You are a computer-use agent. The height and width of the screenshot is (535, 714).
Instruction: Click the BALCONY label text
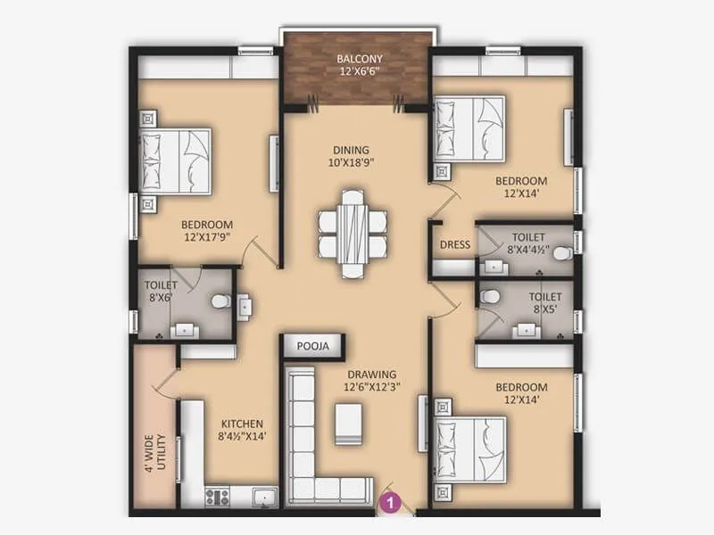tap(356, 61)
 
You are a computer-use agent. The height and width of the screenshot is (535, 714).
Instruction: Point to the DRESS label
tap(454, 245)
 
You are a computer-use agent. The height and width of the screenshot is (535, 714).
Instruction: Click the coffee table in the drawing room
tap(348, 424)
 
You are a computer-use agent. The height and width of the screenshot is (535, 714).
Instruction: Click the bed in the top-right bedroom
tap(469, 128)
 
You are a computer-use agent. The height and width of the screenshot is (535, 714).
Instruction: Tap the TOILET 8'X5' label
tap(544, 303)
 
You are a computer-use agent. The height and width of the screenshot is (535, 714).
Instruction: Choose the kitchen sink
tap(262, 496)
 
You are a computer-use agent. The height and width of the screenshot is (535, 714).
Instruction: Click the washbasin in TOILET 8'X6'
tap(185, 328)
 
